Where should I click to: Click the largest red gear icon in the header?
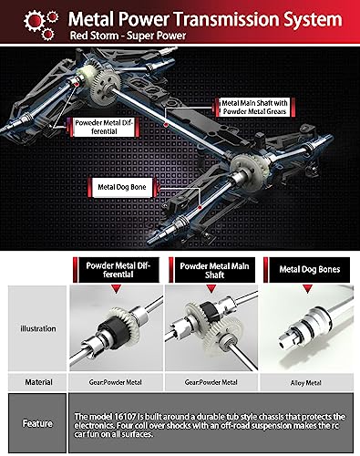click(x=35, y=20)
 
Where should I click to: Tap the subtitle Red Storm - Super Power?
click(x=128, y=36)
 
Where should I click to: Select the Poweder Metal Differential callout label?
click(x=104, y=127)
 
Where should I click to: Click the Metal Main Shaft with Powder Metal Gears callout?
click(x=254, y=107)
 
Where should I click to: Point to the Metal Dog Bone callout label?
click(x=122, y=187)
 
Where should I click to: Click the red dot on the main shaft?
click(x=166, y=125)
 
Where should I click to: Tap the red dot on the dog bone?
click(x=200, y=208)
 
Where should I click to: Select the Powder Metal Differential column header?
click(x=118, y=270)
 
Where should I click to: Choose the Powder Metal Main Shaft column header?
click(x=214, y=270)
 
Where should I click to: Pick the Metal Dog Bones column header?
click(x=309, y=270)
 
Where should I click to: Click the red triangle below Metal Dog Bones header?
click(x=307, y=289)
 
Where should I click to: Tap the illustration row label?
click(x=38, y=328)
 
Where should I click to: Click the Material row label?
click(x=38, y=382)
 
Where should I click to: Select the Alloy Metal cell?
click(x=306, y=383)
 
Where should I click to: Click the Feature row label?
click(x=37, y=423)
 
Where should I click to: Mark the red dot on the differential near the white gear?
click(x=77, y=84)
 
